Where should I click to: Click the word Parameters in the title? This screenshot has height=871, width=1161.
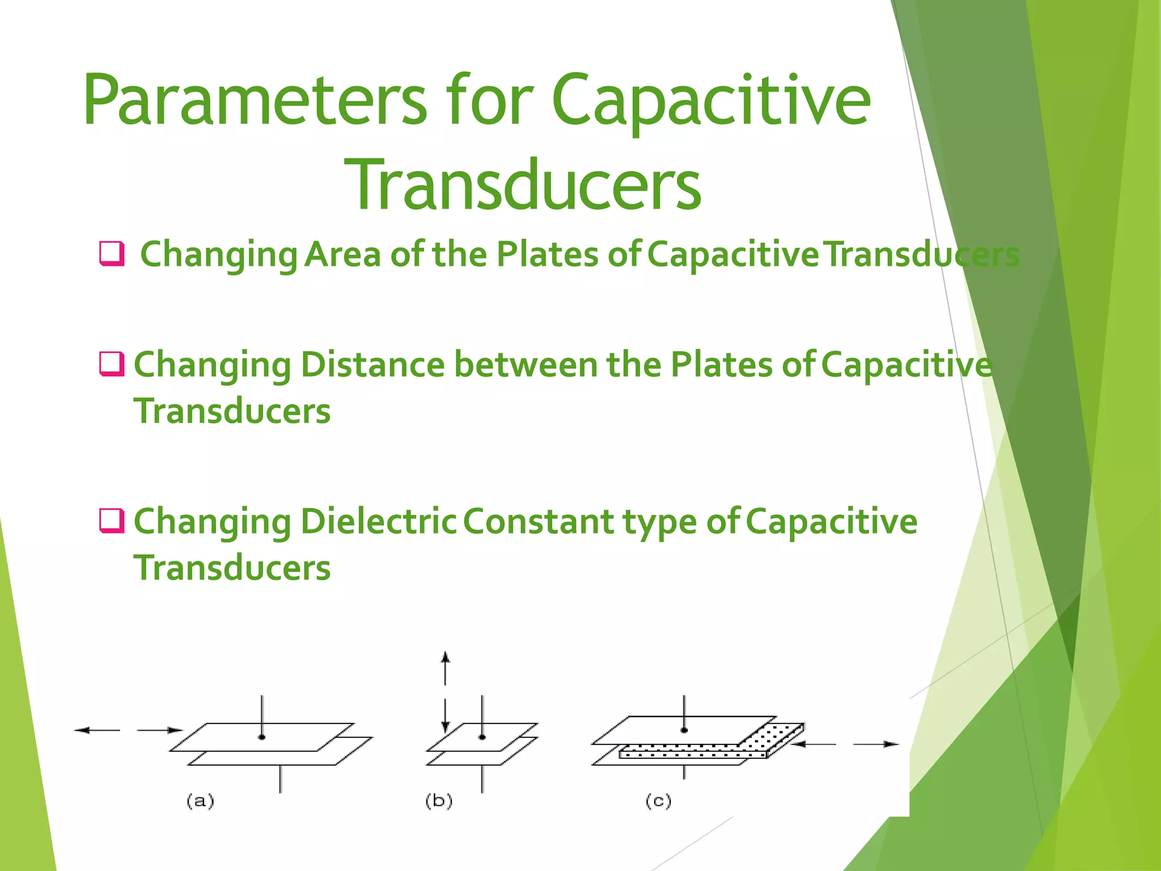tap(255, 101)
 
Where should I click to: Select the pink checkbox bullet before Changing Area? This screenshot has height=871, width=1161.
tap(111, 253)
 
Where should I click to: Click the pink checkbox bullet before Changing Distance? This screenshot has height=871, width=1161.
tap(111, 363)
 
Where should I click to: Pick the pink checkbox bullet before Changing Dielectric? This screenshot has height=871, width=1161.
tap(111, 520)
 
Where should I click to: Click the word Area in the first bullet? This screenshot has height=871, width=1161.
tap(342, 254)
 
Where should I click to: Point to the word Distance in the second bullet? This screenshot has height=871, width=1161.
tap(372, 364)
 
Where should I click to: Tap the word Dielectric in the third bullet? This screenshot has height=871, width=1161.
tap(378, 521)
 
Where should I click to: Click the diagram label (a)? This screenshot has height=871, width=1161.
tap(200, 801)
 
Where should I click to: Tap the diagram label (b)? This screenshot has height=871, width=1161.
tap(439, 801)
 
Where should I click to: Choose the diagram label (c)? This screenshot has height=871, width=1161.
tap(658, 801)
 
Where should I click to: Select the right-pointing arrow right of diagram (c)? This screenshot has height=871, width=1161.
tap(876, 744)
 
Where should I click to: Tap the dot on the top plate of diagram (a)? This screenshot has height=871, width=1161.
tap(261, 737)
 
